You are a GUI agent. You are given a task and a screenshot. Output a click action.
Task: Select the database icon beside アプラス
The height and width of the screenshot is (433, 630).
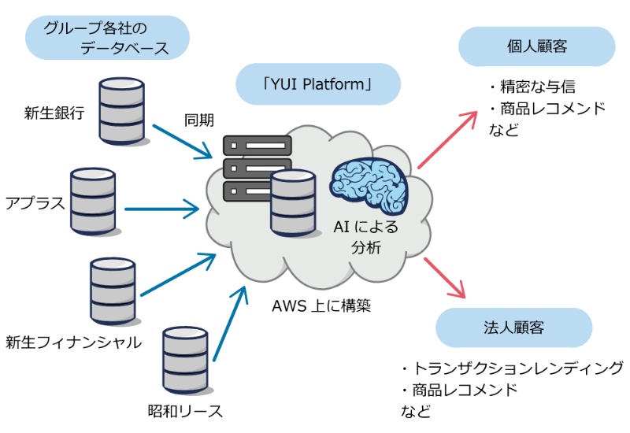coord(93,201)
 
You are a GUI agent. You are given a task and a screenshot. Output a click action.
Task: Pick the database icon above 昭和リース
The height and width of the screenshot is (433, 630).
coord(185,361)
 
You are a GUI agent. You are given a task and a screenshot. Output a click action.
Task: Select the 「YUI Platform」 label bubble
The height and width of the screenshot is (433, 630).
coord(318,83)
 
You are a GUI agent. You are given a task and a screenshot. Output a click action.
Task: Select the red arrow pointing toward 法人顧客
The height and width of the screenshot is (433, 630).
coord(445,277)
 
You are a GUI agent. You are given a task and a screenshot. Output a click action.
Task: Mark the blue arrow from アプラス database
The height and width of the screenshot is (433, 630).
coord(161,209)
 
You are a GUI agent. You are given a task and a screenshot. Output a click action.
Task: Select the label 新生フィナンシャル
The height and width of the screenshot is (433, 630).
coord(73,342)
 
